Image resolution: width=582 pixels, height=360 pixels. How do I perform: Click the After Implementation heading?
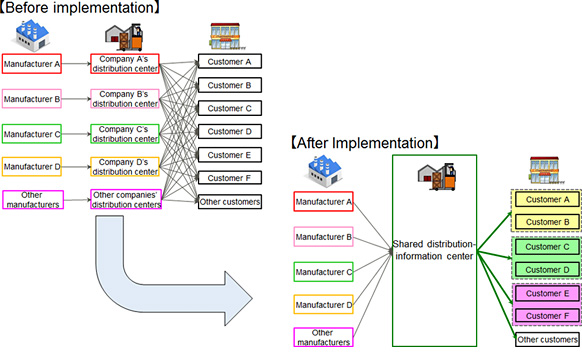coord(366,144)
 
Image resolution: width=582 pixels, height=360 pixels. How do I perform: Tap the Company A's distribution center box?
coord(124,65)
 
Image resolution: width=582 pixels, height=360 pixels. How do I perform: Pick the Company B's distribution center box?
coord(124,99)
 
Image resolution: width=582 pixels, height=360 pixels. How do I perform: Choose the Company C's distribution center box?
coord(124,134)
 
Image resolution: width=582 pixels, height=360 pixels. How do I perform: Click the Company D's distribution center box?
coord(124,167)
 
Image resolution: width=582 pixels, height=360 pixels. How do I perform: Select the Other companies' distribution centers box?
coord(124,201)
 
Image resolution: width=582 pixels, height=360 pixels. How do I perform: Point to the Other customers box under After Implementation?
coord(545,340)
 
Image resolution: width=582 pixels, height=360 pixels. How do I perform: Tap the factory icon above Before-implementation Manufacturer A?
coord(32,37)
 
